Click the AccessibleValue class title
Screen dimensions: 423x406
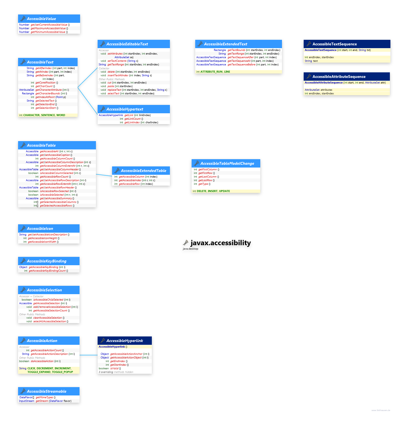41,19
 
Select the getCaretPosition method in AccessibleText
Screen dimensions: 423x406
45,83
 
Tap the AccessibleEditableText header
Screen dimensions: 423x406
127,44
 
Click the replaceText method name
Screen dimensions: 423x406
114,90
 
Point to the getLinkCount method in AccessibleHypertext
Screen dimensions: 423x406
132,119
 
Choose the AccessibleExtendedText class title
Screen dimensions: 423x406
226,44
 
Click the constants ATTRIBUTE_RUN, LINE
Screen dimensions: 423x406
215,72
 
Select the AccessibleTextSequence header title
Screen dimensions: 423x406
335,44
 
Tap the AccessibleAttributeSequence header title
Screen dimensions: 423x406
339,77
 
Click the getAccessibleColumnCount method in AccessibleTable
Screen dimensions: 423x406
56,159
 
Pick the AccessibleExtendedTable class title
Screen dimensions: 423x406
143,171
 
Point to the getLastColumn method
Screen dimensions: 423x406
207,177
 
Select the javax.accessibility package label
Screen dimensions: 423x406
221,243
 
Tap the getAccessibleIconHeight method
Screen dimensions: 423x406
42,238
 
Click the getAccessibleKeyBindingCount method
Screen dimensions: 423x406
47,271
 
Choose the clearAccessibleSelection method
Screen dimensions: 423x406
48,318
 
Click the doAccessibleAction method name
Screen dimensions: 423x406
42,361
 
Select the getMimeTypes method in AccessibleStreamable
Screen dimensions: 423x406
44,397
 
